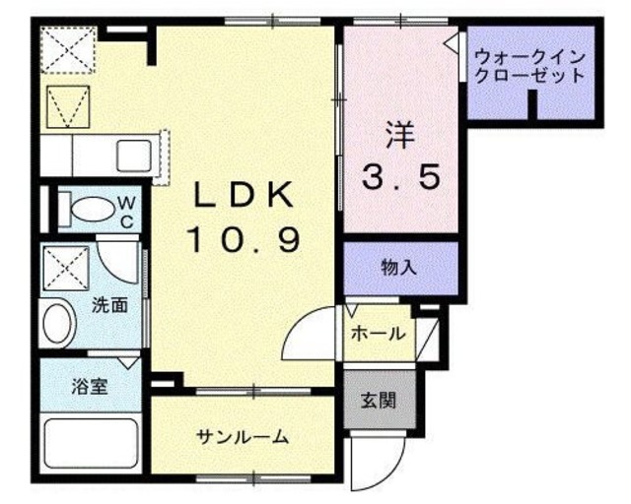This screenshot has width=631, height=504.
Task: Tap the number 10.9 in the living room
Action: pyautogui.click(x=243, y=239)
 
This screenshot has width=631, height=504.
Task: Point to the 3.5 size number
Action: pyautogui.click(x=398, y=179)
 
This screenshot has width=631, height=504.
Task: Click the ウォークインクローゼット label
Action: pyautogui.click(x=528, y=66)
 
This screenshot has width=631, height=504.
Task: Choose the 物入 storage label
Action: pyautogui.click(x=398, y=267)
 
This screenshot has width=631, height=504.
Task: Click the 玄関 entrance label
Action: pyautogui.click(x=378, y=401)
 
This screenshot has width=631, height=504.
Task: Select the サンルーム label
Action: pyautogui.click(x=242, y=437)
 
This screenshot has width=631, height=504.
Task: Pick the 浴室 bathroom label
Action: pyautogui.click(x=89, y=387)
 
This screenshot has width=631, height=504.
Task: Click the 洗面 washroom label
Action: pyautogui.click(x=109, y=305)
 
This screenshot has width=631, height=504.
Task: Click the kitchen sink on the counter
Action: pyautogui.click(x=132, y=156)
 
